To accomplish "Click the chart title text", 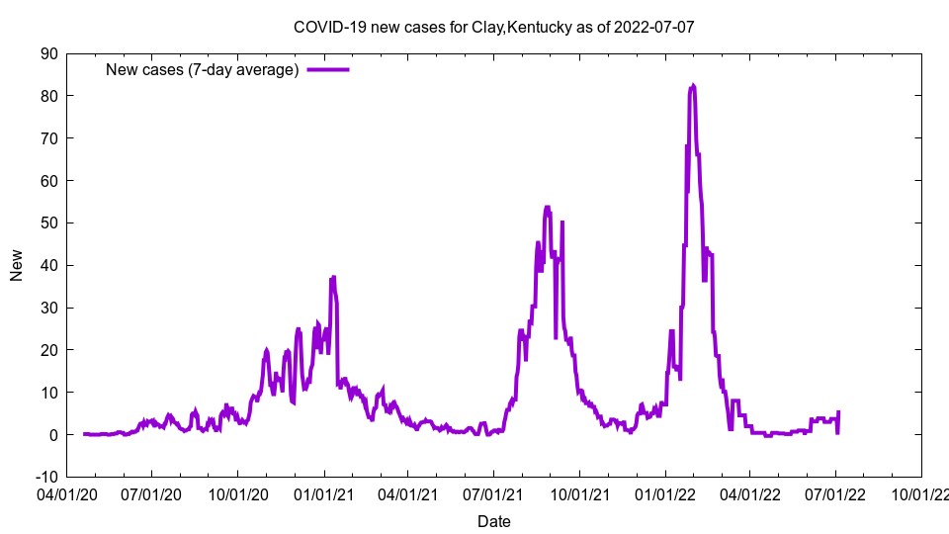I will coord(493,27).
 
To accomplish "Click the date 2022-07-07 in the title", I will coord(653,27).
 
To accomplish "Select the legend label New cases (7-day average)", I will coord(202,69).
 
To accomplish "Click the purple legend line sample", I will coord(328,69).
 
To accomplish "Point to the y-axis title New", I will coord(17,265).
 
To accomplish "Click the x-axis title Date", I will coord(493,521).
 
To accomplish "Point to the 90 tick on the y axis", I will coord(48,53).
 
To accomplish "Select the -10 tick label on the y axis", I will coord(45,477).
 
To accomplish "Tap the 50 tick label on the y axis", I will coord(48,222).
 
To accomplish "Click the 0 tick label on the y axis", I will coord(52,434).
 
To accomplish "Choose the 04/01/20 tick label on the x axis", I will coord(67,492).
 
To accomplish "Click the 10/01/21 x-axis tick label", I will coord(579,492).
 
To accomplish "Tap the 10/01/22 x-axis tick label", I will coord(920,492).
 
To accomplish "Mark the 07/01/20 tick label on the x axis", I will coord(152,492).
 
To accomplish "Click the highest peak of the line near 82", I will coord(693,86).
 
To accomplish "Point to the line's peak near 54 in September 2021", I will coord(548,208).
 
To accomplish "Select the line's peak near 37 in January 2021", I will coord(333,277).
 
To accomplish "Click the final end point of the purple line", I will coord(838,411).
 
